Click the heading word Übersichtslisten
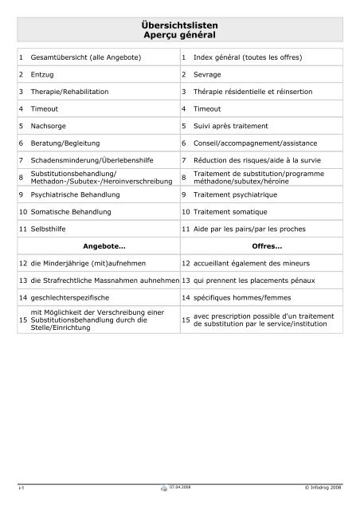point(179,27)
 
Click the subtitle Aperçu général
point(179,37)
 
